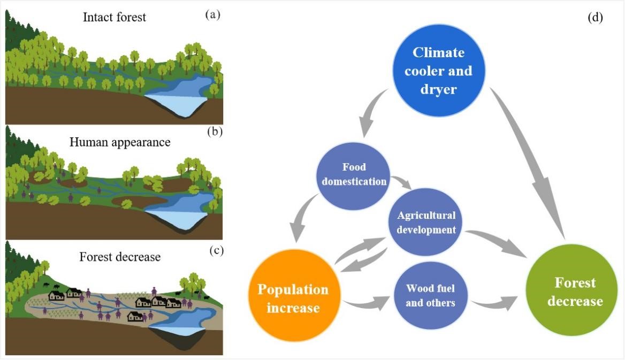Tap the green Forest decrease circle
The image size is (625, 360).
tap(571, 292)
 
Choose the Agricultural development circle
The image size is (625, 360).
tap(426, 223)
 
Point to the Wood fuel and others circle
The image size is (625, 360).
tap(430, 295)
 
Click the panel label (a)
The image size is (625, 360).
tap(212, 15)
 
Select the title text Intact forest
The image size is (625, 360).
tap(115, 17)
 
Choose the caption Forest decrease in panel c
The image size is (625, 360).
tap(120, 257)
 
